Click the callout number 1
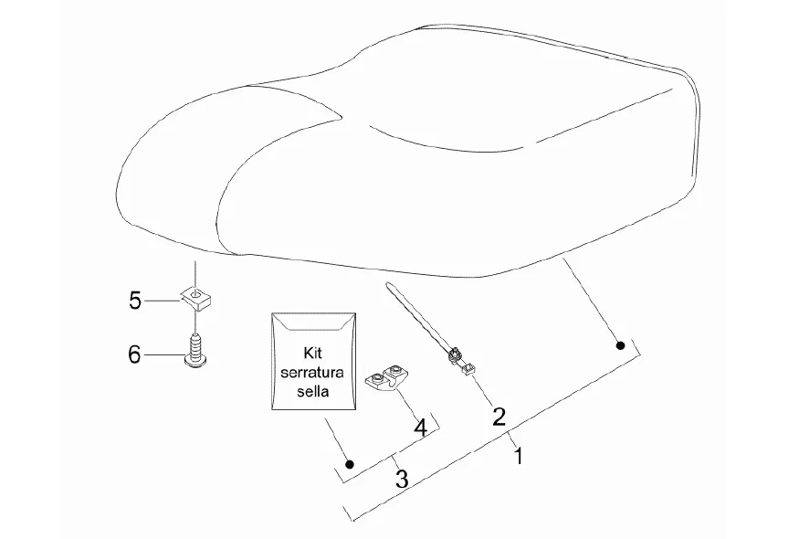(519, 454)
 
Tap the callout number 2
(499, 417)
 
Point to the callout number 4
(420, 426)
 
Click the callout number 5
(135, 300)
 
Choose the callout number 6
(134, 354)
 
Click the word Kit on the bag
(312, 352)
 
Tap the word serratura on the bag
(312, 371)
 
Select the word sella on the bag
(312, 390)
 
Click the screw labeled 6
(194, 352)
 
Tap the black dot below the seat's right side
(620, 345)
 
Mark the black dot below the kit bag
(349, 464)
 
